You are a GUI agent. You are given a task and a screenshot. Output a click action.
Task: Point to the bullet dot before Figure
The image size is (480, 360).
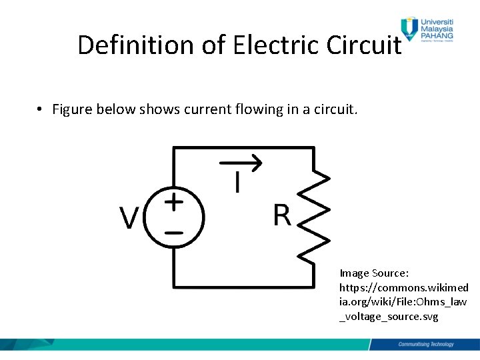[40, 109]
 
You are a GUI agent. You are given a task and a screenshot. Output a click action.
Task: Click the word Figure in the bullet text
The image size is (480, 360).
[72, 109]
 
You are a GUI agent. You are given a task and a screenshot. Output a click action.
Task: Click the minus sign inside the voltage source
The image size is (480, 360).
[174, 233]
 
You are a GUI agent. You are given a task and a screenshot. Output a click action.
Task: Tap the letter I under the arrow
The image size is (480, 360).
[237, 182]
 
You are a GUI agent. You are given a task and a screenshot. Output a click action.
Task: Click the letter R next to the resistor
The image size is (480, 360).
[282, 215]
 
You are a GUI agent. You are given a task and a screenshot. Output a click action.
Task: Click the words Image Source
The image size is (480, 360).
[374, 273]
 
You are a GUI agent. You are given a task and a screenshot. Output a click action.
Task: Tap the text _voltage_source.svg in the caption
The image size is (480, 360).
[389, 317]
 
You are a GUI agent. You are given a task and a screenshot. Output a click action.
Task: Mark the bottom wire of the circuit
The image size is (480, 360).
[243, 287]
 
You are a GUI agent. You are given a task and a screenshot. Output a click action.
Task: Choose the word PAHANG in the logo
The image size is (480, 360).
[437, 37]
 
